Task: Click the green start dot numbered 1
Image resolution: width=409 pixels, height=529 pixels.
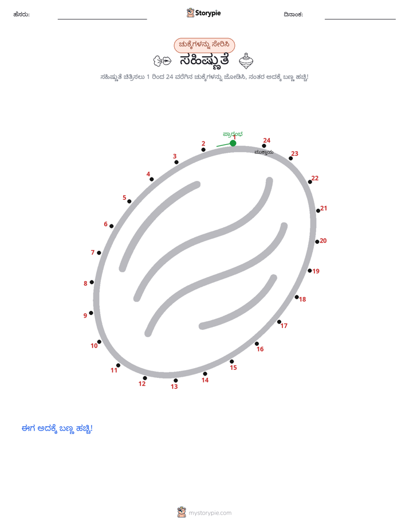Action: tap(233, 143)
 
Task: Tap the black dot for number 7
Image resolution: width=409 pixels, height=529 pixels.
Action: tap(99, 252)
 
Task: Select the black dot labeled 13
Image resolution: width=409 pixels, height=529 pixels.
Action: tap(175, 381)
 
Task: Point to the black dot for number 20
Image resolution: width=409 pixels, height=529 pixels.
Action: tap(317, 242)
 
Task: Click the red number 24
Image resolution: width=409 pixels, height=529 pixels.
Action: tap(266, 140)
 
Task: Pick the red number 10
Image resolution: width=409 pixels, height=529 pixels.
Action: tap(94, 346)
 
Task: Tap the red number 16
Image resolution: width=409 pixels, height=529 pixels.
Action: tap(260, 349)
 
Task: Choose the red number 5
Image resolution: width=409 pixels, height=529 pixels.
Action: tap(124, 198)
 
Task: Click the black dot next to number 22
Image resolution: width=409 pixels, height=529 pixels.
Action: tap(310, 182)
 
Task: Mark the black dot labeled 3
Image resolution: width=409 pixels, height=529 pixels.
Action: tap(176, 162)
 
